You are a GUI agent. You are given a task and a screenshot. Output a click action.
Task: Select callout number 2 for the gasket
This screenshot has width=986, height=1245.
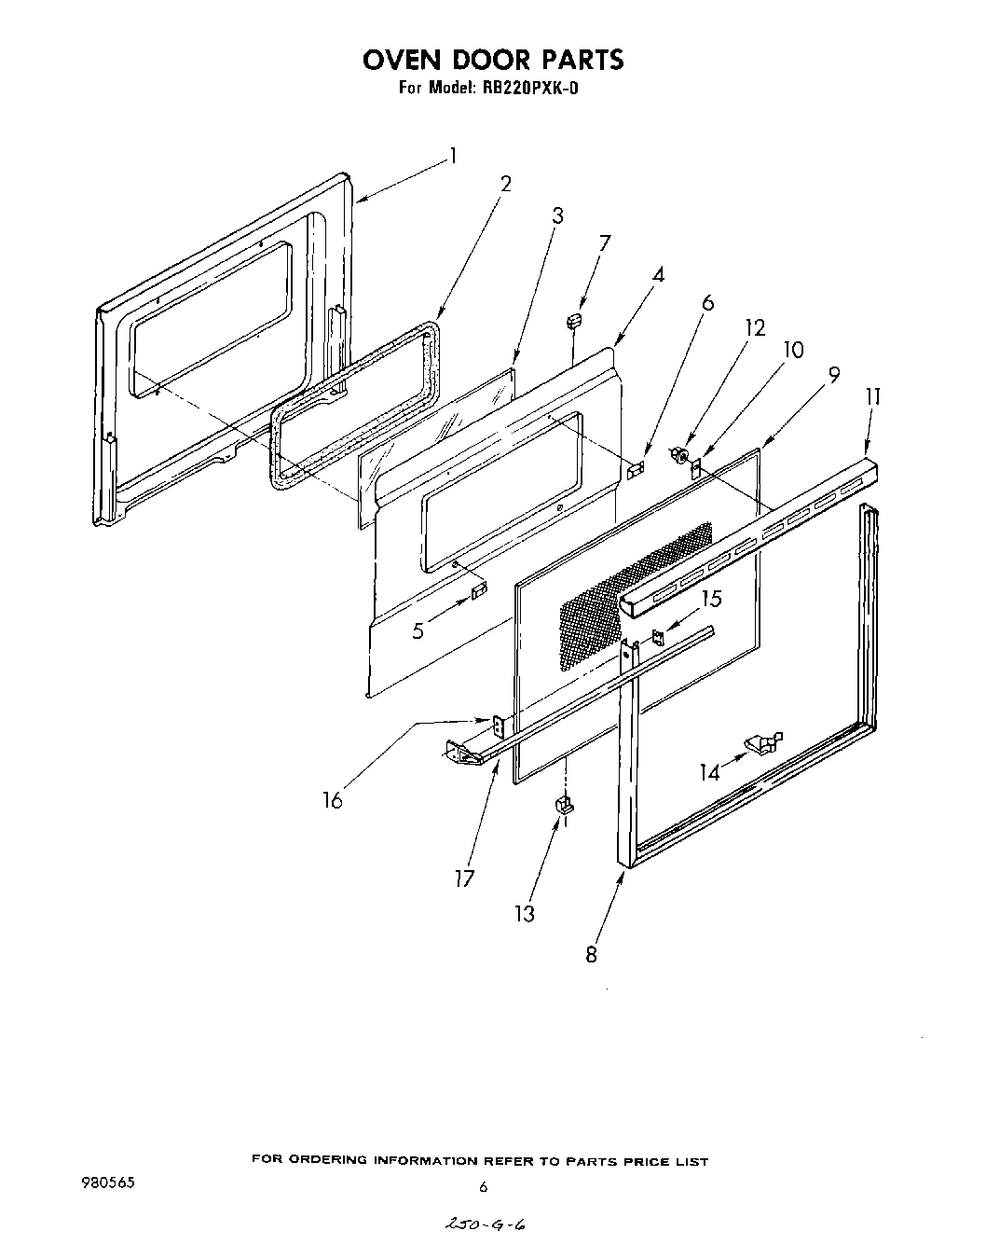point(505,184)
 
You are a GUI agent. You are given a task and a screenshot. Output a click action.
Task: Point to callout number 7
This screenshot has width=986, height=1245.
point(605,244)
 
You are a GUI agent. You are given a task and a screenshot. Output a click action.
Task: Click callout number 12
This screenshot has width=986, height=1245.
point(755,327)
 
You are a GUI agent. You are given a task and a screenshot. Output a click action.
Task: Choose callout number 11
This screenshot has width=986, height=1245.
point(872,396)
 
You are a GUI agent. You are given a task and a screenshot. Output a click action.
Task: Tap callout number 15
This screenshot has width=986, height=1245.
point(711,600)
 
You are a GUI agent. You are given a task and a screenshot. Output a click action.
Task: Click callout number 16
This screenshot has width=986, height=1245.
point(333,799)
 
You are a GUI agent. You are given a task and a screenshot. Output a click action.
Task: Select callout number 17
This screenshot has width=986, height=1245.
point(465,878)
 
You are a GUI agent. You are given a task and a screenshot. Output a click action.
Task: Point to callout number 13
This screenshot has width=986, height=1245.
point(525,914)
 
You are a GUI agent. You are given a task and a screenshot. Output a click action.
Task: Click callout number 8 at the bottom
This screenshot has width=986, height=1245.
point(592,954)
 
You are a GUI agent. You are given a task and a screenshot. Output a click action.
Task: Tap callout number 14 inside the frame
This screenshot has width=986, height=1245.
point(711,771)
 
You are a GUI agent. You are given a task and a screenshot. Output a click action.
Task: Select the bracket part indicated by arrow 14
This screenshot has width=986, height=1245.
point(763,742)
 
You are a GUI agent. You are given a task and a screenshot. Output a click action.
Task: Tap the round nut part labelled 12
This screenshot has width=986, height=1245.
point(680,456)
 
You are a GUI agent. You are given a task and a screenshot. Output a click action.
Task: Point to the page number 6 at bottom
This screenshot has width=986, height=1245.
point(483,1188)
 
